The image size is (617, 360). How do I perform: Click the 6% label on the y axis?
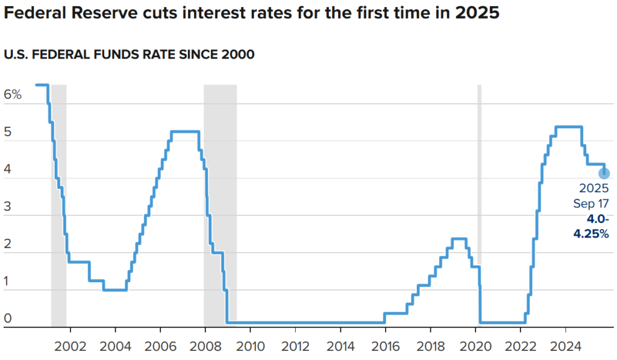pyautogui.click(x=13, y=95)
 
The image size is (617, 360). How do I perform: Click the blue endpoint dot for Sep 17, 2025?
pyautogui.click(x=604, y=174)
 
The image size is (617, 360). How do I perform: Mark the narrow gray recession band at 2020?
pyautogui.click(x=480, y=205)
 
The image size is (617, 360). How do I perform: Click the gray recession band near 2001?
pyautogui.click(x=58, y=205)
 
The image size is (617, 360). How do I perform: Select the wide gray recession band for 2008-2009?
pyautogui.click(x=220, y=205)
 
